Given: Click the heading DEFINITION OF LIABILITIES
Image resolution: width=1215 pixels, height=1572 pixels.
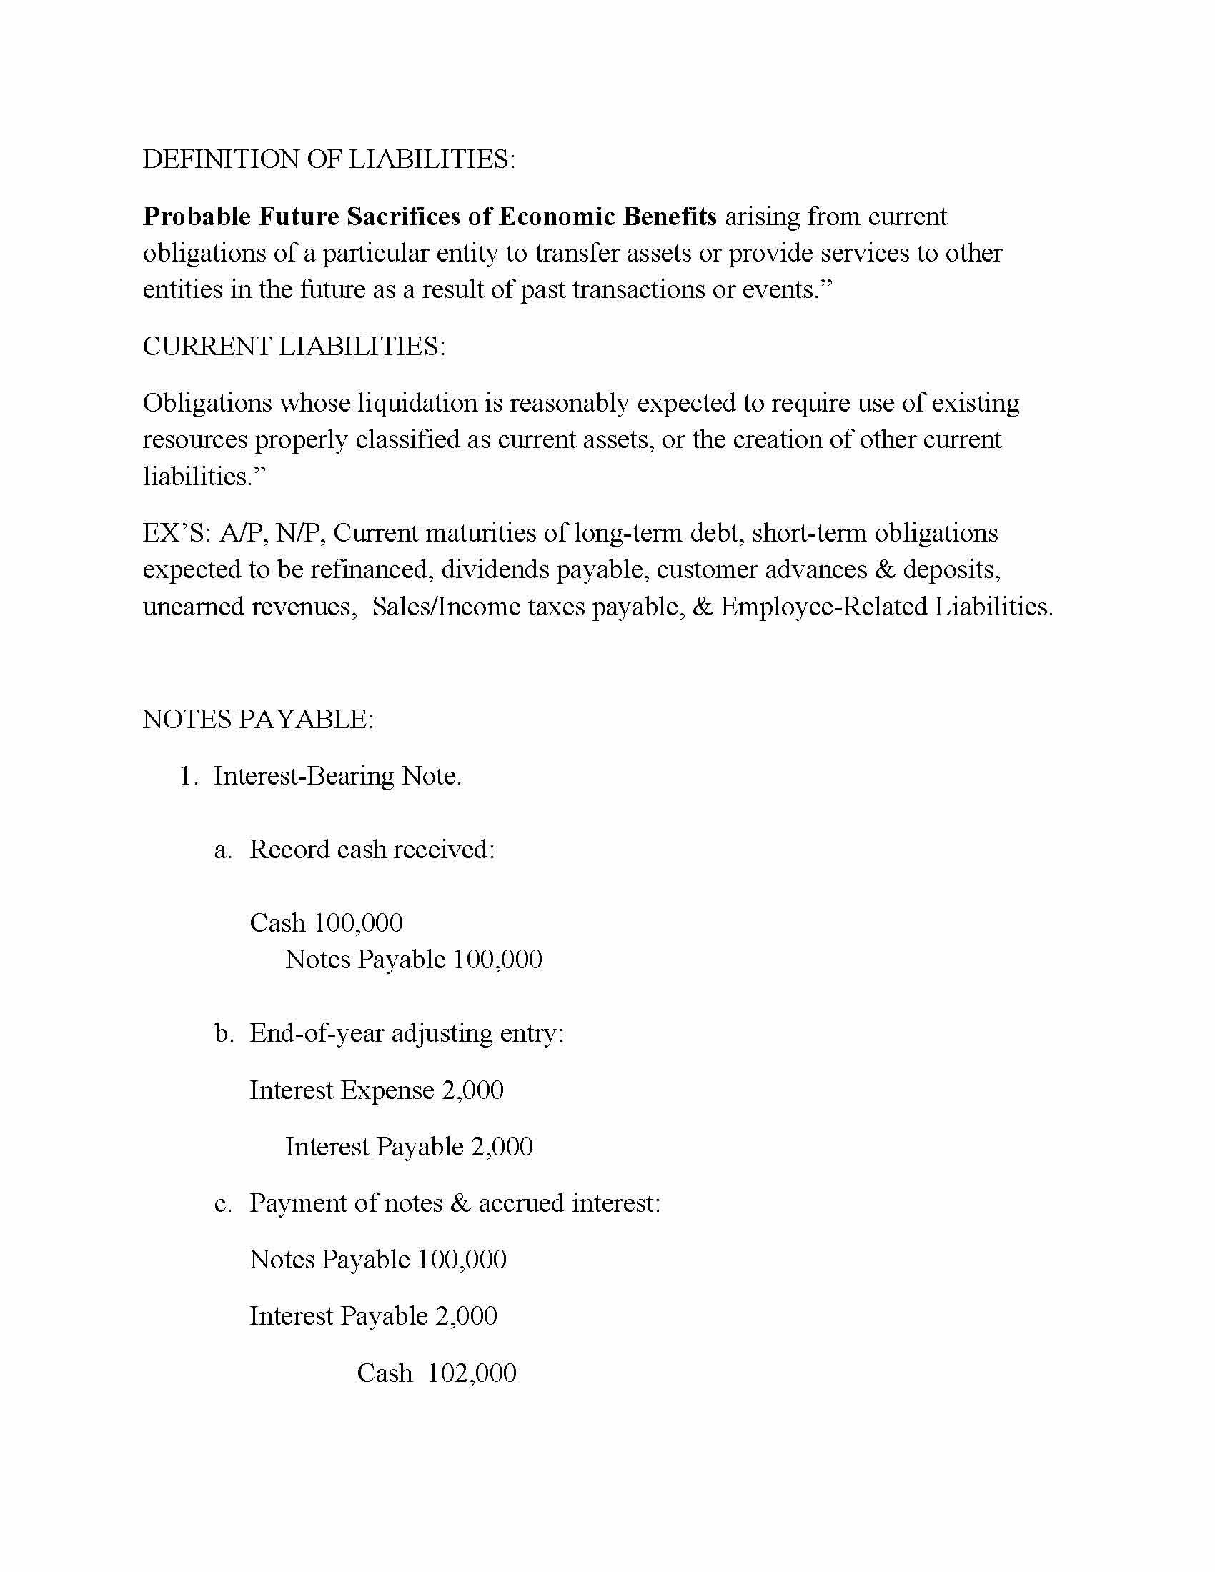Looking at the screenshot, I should (328, 159).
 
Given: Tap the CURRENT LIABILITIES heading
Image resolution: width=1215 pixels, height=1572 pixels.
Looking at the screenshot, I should (294, 347).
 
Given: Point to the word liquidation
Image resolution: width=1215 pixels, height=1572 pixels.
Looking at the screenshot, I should (417, 403).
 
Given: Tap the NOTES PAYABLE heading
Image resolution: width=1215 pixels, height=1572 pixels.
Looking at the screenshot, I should (258, 719).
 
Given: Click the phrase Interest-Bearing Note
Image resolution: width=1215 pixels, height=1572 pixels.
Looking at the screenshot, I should (337, 776).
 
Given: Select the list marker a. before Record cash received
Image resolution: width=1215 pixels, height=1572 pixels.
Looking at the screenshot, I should (223, 850).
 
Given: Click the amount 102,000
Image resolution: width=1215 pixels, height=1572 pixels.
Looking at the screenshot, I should (472, 1373).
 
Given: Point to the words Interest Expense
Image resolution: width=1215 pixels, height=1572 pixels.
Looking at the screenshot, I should (342, 1090).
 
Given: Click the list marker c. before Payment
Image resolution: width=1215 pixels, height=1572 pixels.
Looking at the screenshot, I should (223, 1203).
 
